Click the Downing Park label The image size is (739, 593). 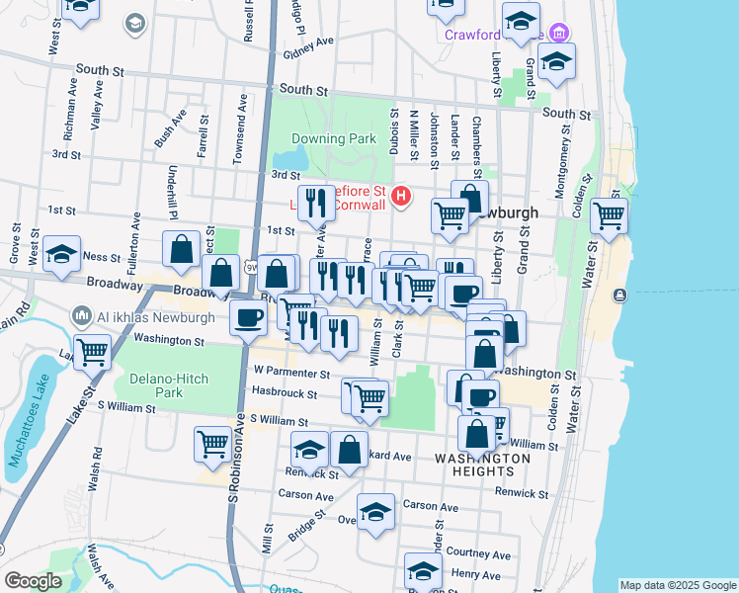pos(335,139)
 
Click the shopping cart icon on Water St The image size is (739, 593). pos(609,214)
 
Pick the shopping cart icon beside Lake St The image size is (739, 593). pos(92,350)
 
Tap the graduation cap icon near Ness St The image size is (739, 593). pos(61,255)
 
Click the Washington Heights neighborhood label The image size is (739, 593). pos(481,466)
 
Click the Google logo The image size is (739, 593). pos(34,581)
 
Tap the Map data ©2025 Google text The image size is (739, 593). pos(677,585)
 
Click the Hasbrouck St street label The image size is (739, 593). pos(284,393)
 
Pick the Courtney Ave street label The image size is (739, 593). pos(478,553)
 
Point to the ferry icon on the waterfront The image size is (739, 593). pos(619,295)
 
